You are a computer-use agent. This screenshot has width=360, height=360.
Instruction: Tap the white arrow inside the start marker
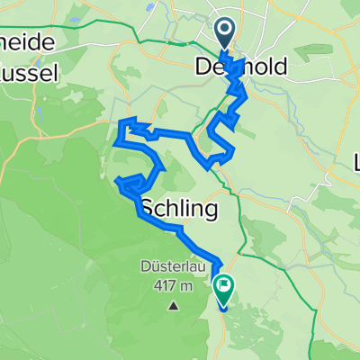coord(225,32)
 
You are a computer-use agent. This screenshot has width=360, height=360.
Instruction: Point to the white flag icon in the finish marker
coord(223,286)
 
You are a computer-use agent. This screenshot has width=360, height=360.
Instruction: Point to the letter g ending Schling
coord(210,213)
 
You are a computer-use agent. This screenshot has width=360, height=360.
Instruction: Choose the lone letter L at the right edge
coord(355,165)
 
